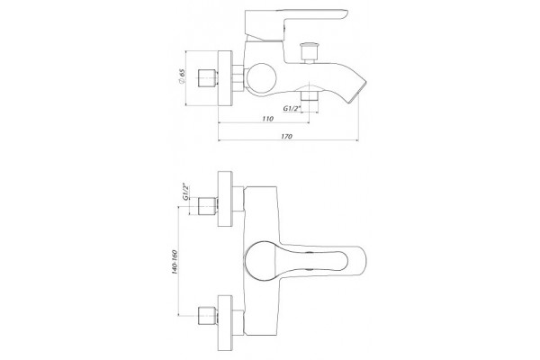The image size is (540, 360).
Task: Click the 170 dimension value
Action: point(286,136)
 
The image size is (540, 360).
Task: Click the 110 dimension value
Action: point(267,119)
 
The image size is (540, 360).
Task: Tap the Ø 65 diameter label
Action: point(182,76)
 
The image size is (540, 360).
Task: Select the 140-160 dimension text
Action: point(175,262)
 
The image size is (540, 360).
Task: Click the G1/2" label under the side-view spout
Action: point(292,109)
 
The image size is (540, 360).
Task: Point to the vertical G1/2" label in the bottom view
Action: point(186,192)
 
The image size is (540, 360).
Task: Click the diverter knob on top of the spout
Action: point(309,53)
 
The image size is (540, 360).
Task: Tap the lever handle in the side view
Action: point(296,24)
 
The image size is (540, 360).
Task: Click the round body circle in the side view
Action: point(261,79)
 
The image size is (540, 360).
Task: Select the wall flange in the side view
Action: point(225,78)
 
